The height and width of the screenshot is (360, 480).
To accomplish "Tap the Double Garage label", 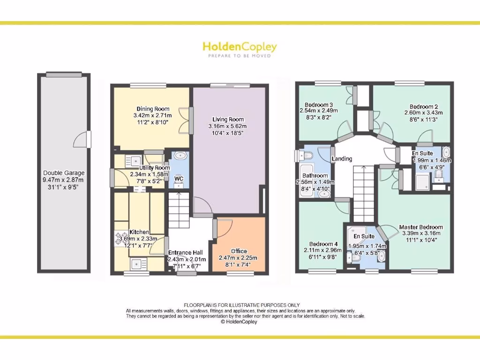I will (x=63, y=173).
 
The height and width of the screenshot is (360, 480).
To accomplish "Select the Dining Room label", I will (x=153, y=109).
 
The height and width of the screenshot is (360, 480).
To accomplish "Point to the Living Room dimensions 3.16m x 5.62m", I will (x=227, y=126).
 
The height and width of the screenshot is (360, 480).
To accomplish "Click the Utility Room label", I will (x=154, y=167).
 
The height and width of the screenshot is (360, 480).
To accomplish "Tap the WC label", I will (x=179, y=179).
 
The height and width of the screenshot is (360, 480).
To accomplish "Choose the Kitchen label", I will (x=139, y=232).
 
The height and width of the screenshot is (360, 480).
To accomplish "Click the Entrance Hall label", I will (x=187, y=253).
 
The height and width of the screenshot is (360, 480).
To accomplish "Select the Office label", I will (x=239, y=251).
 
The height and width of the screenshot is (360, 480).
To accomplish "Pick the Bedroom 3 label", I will (x=319, y=105).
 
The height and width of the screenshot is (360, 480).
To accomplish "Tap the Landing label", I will (x=342, y=159).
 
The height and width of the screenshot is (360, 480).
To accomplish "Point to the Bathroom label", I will (x=315, y=176).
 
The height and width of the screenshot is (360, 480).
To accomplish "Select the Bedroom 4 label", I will (x=323, y=244).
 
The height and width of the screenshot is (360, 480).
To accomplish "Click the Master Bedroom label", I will (x=421, y=227).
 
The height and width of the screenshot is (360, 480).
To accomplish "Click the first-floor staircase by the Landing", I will (x=362, y=193).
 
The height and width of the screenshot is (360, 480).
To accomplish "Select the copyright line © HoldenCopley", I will (x=239, y=322).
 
